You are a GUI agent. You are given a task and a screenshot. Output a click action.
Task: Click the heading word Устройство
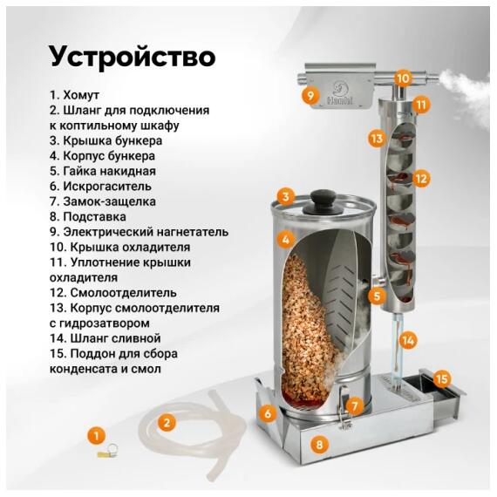(x=132, y=56)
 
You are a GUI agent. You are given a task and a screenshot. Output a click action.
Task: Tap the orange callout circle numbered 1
(x=98, y=433)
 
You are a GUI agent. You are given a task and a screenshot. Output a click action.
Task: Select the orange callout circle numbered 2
(x=167, y=422)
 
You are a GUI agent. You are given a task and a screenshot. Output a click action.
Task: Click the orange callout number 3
(x=285, y=197)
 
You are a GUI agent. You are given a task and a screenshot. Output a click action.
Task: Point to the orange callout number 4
(x=284, y=238)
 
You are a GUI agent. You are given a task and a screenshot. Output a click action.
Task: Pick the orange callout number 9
(x=310, y=95)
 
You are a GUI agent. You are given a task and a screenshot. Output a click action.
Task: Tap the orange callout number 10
(x=401, y=78)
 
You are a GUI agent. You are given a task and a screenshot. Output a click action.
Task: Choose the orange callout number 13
(x=376, y=138)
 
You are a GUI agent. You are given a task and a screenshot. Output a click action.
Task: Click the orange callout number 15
(x=442, y=378)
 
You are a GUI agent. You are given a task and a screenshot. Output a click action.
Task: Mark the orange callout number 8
(x=320, y=445)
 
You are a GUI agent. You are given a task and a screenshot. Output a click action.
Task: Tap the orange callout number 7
(x=353, y=405)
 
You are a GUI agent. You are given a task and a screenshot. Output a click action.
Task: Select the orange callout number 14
(x=408, y=341)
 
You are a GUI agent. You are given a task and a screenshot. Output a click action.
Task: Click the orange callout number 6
(x=268, y=413)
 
